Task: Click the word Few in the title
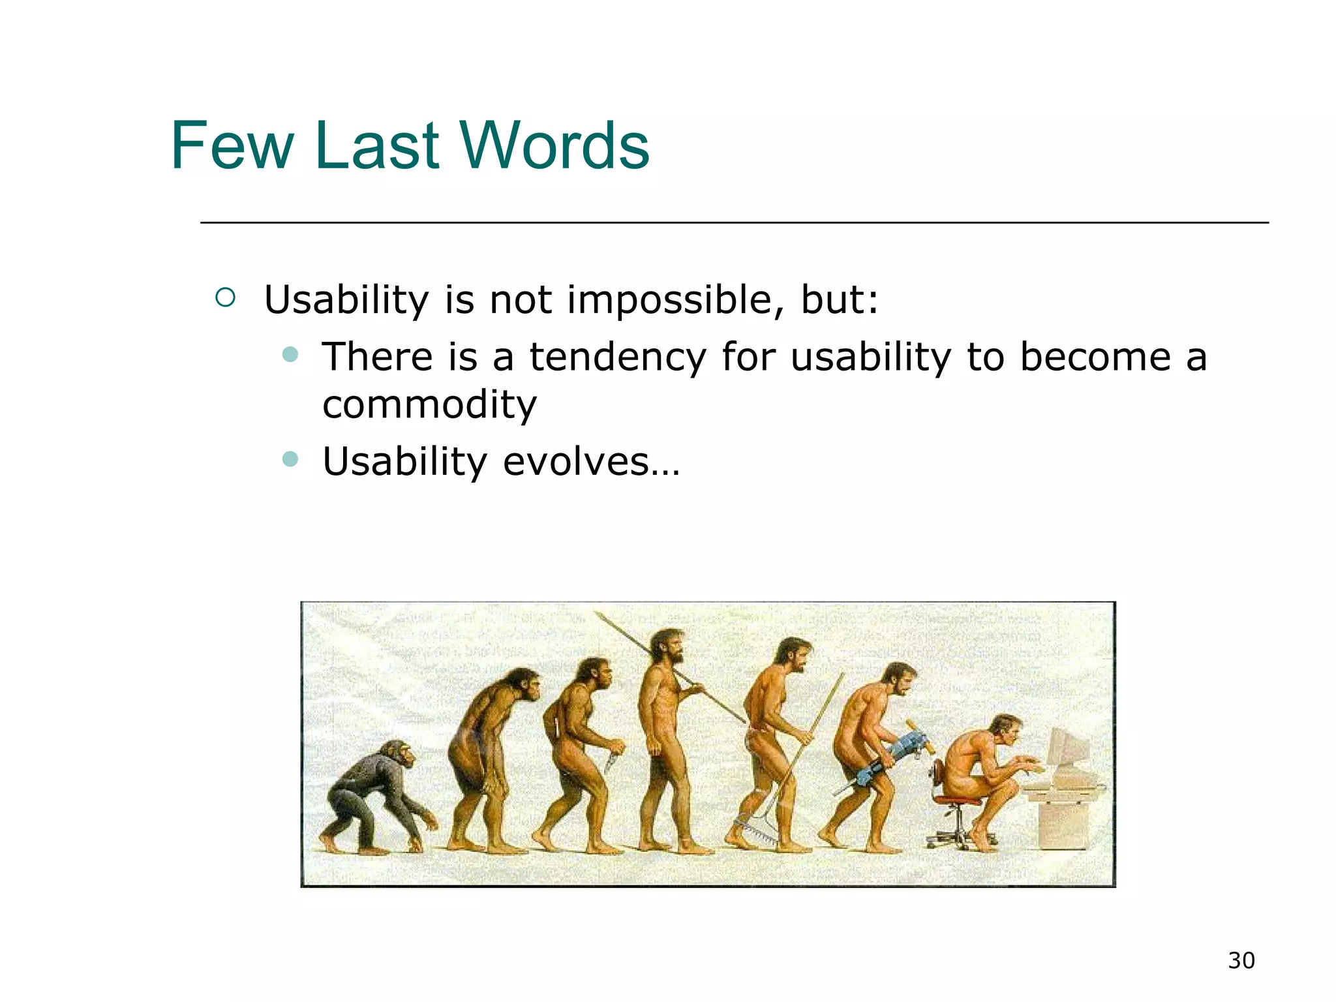[x=232, y=146]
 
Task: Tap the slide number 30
[x=1241, y=961]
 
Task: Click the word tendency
[x=617, y=358]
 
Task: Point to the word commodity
[x=429, y=405]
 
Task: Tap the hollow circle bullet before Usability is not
[x=225, y=298]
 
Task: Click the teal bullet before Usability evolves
[x=290, y=459]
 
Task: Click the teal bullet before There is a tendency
[x=290, y=355]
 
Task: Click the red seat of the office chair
[x=956, y=800]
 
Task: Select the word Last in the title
[x=376, y=146]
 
